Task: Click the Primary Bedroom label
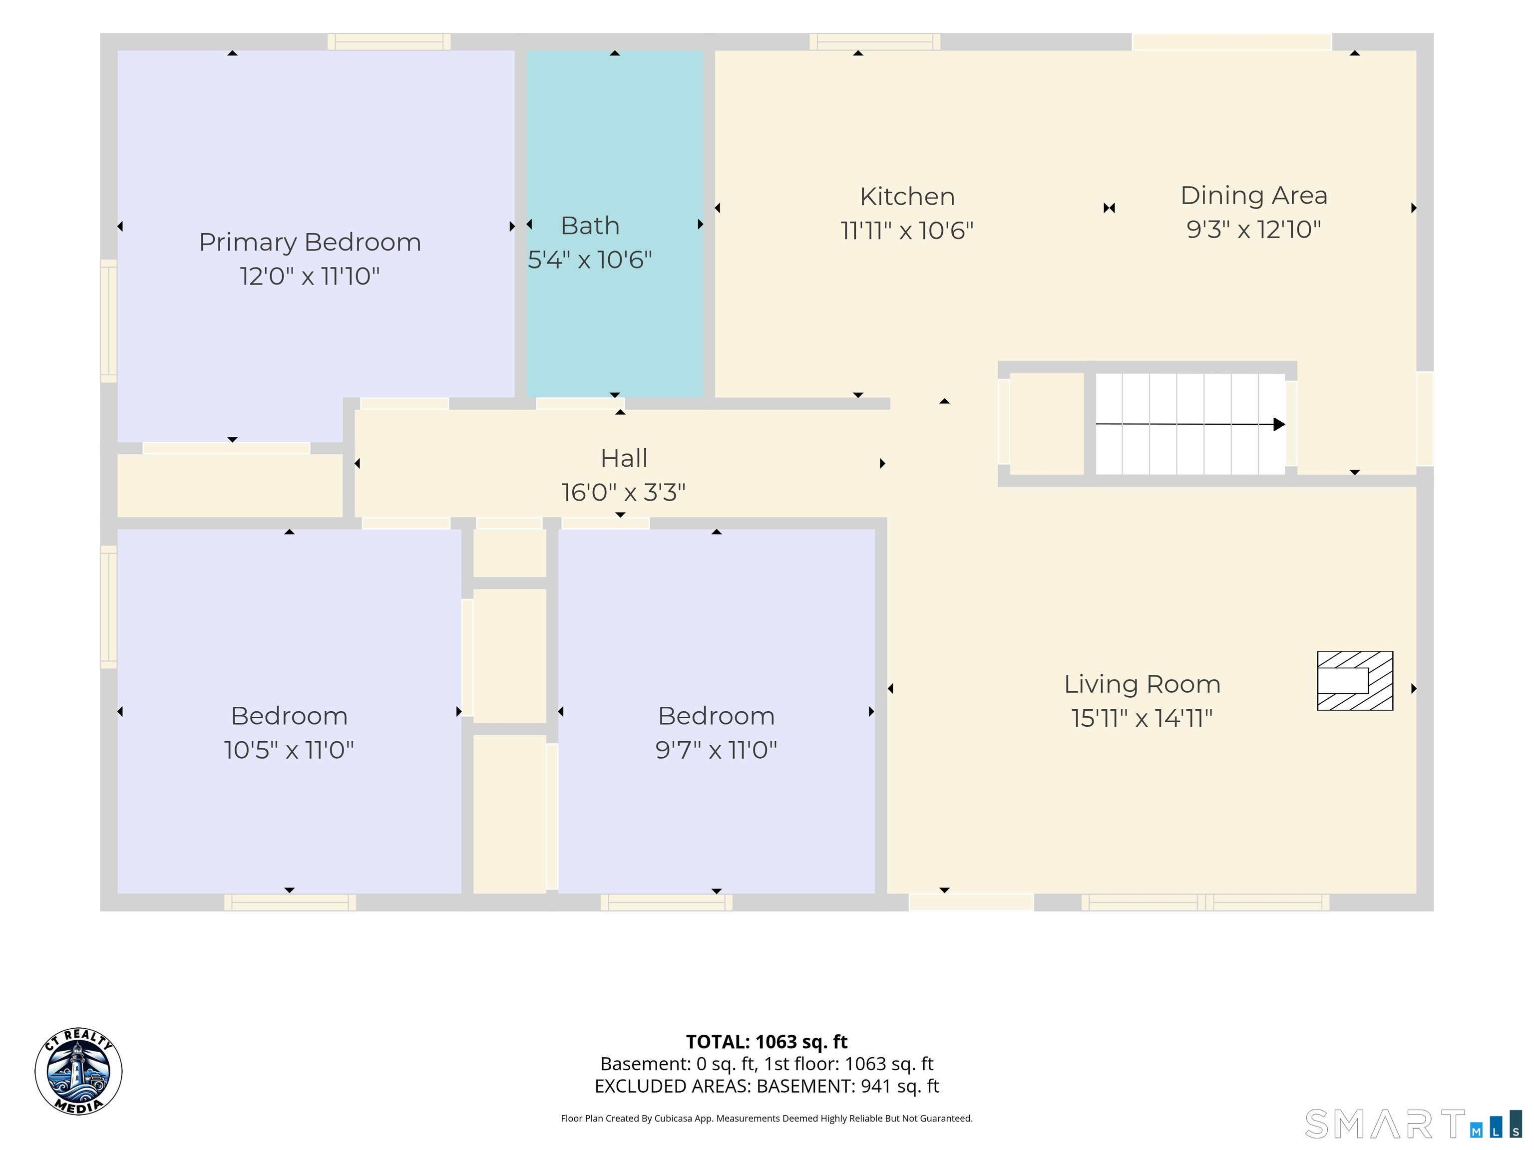[310, 243]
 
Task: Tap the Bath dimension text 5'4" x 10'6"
[590, 260]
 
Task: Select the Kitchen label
[907, 197]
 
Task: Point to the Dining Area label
[1254, 196]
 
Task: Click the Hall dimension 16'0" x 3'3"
[624, 493]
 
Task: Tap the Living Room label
[1142, 685]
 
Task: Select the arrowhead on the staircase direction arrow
[1279, 424]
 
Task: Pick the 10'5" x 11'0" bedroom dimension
[289, 750]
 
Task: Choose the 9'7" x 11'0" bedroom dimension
[717, 750]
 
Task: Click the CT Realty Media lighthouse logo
[78, 1072]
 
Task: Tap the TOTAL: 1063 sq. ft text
[767, 1042]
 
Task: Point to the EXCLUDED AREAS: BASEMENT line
[767, 1086]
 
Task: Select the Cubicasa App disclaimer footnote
[767, 1118]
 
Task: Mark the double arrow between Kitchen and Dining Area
[1109, 208]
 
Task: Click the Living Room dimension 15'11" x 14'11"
[1142, 718]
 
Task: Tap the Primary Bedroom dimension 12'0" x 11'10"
[310, 277]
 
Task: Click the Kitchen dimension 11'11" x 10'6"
[907, 230]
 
